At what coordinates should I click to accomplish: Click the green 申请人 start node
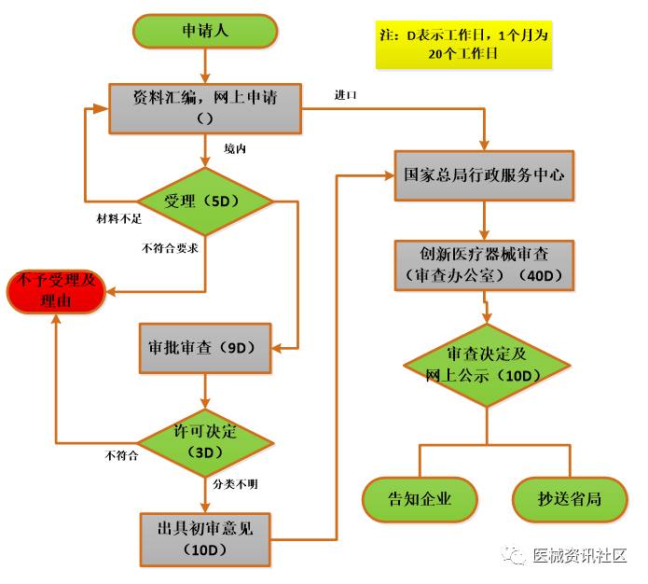(205, 32)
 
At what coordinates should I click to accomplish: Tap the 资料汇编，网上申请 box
(205, 106)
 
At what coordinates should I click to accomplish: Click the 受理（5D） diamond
(205, 201)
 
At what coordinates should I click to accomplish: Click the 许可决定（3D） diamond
(205, 441)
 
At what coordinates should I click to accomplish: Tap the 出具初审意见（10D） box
(205, 538)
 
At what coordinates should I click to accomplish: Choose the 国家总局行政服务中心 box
(483, 174)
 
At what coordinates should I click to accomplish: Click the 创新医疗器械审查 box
(483, 265)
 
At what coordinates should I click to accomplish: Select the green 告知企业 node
(420, 499)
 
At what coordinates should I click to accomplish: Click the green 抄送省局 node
(570, 499)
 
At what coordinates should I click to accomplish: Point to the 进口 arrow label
(347, 96)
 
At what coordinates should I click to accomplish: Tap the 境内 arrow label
(235, 148)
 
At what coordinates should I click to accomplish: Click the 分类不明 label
(233, 485)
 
